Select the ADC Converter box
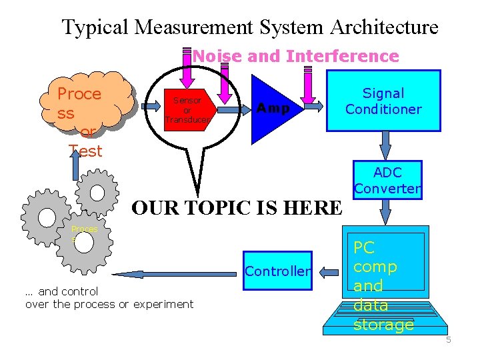pyautogui.click(x=387, y=181)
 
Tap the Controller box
pyautogui.click(x=277, y=271)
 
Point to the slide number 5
pyautogui.click(x=449, y=341)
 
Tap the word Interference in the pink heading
pyautogui.click(x=342, y=57)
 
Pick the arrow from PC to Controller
pyautogui.click(x=329, y=271)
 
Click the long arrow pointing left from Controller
pyautogui.click(x=173, y=273)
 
